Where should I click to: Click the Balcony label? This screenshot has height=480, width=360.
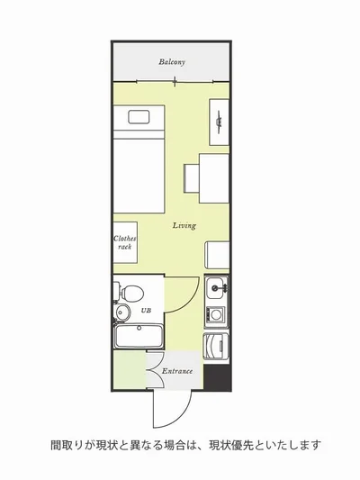click(x=172, y=62)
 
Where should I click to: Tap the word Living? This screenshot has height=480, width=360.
click(x=184, y=226)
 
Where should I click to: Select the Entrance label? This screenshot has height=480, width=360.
click(x=177, y=371)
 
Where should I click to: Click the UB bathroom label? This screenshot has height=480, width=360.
click(x=146, y=311)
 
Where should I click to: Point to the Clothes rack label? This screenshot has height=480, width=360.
click(x=125, y=242)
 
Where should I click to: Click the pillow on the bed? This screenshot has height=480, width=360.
click(x=139, y=117)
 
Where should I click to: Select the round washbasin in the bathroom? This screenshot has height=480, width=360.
click(x=123, y=312)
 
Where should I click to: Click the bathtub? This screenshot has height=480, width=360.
click(x=139, y=336)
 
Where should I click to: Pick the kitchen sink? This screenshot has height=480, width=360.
click(x=217, y=288)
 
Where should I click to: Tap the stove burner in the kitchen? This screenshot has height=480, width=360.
click(x=216, y=314)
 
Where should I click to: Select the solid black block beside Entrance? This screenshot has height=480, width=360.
click(x=217, y=377)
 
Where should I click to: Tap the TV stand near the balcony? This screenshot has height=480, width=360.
click(x=219, y=122)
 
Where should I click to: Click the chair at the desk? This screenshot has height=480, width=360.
click(x=192, y=178)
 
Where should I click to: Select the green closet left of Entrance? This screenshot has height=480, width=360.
click(x=130, y=370)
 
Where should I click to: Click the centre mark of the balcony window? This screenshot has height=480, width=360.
click(x=175, y=82)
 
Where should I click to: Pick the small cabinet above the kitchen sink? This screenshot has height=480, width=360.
click(x=217, y=255)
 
